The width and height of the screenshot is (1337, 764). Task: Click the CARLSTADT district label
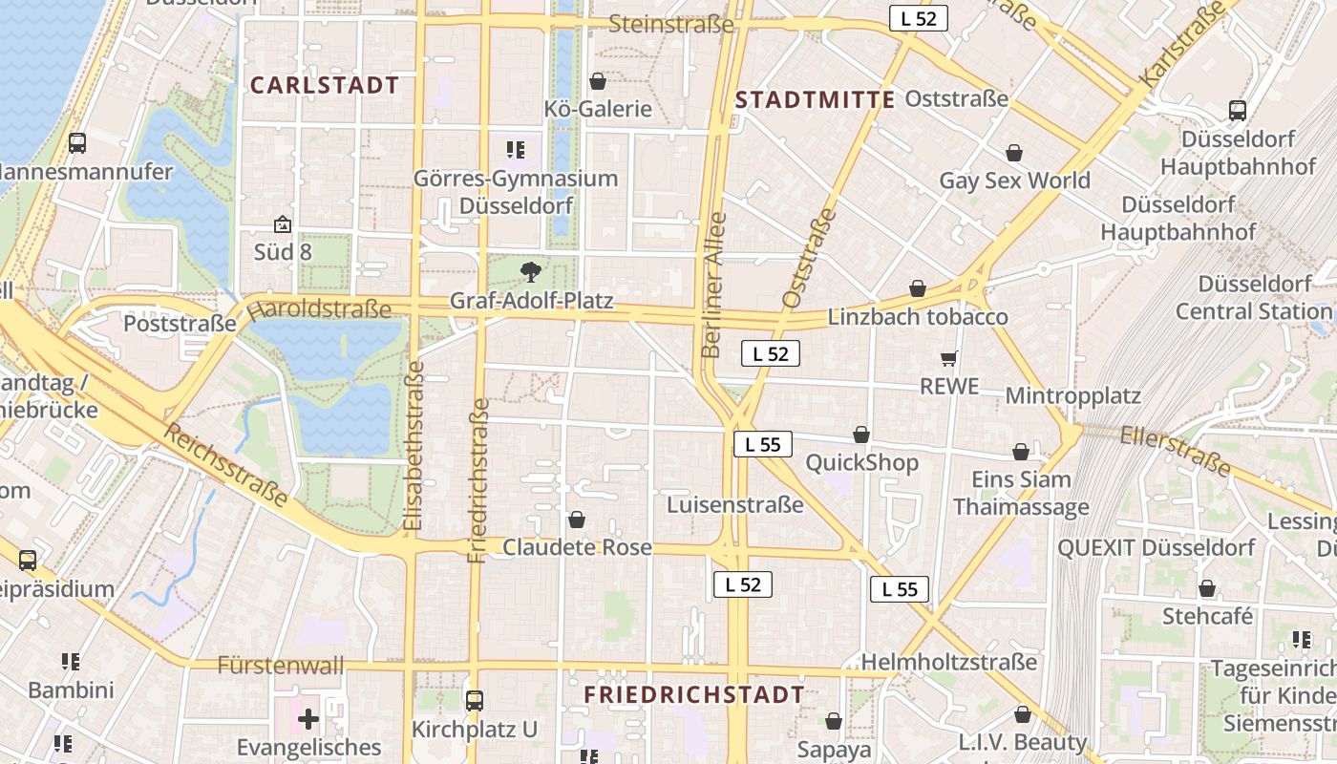coord(324,85)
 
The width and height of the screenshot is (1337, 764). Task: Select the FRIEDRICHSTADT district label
coord(694,694)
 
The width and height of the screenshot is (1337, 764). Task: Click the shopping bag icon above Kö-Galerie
coord(598,81)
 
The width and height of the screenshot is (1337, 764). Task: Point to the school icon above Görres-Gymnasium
coord(516,150)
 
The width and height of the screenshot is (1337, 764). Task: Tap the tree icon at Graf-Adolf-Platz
coord(530,272)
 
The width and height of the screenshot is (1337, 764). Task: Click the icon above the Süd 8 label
coord(283,225)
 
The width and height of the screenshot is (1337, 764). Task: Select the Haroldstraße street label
coord(319,309)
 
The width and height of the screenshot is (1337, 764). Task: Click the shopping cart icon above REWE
coord(948,359)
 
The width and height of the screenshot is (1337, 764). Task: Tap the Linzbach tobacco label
coord(917,317)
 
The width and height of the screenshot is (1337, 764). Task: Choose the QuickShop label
coord(861,463)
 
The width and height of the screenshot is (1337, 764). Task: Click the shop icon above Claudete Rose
coord(577,520)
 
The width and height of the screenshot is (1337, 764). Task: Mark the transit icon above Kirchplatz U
coord(474,700)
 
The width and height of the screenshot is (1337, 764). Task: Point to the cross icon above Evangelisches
coord(308,718)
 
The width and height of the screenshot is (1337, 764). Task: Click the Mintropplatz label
coord(1072,395)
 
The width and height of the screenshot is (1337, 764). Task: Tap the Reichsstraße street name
coord(226,464)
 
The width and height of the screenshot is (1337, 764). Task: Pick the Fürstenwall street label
coord(280,666)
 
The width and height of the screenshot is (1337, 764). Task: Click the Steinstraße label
coord(670,24)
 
